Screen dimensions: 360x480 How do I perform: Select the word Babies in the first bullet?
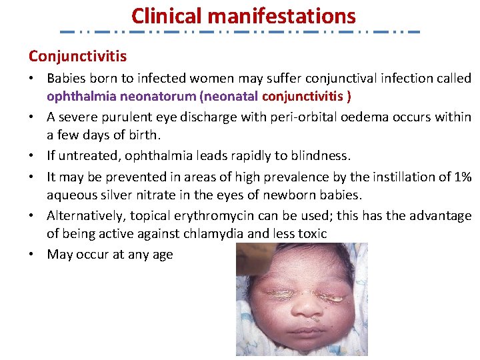(x=66, y=79)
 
